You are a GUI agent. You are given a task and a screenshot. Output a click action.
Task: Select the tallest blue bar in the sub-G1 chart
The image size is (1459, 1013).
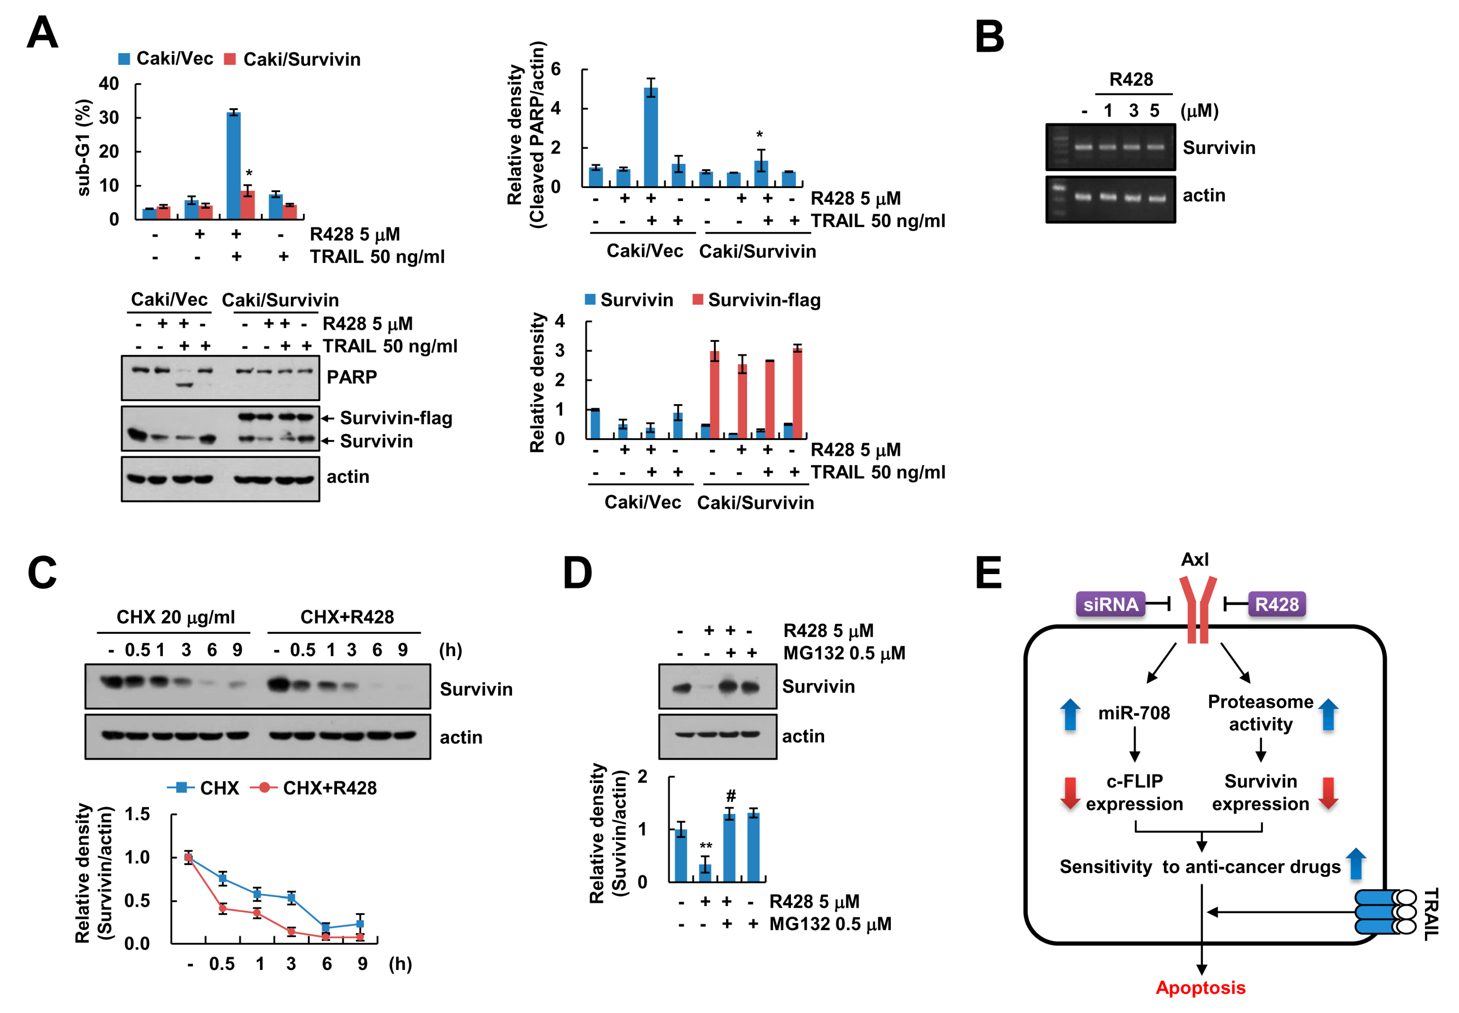233,165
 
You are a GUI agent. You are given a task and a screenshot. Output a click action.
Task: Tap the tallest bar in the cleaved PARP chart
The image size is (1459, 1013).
651,136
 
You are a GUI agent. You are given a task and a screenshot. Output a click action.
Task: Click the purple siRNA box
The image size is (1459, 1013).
1110,604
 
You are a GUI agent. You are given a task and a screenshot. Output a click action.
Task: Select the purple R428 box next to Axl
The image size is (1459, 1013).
1276,604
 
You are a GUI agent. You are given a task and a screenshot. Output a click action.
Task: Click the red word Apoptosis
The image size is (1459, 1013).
1200,988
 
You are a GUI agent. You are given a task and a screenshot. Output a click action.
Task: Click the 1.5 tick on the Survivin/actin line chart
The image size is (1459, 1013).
138,814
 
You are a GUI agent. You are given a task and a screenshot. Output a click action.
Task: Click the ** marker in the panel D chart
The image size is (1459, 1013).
706,846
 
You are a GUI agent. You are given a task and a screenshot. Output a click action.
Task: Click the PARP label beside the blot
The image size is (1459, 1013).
352,377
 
